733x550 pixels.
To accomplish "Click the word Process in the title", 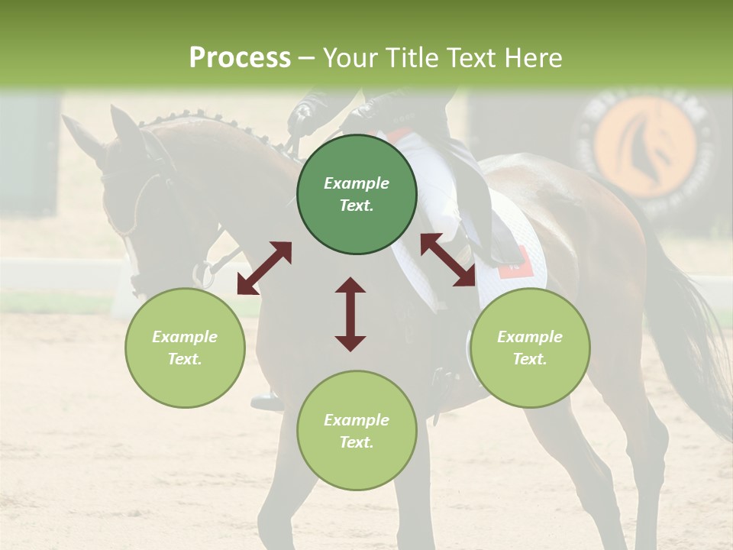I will point(240,58).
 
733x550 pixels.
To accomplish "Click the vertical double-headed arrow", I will point(350,314).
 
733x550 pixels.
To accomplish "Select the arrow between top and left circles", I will point(264,267).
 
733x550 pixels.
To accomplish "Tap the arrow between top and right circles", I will point(447,260).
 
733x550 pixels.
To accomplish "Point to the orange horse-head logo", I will point(645,146).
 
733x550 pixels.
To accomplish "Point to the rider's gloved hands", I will point(305,115).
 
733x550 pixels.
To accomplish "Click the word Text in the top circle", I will point(356,206).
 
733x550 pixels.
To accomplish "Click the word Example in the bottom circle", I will point(357,420).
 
